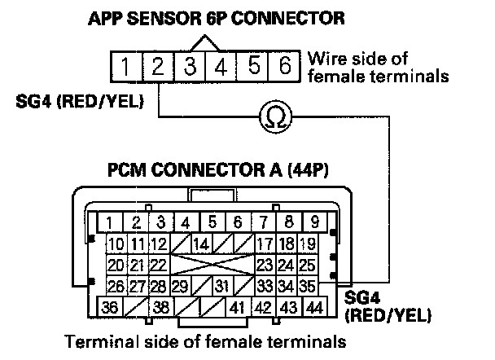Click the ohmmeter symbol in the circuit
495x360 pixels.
(x=276, y=116)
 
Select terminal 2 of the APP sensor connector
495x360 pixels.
(x=158, y=66)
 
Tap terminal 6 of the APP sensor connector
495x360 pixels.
(x=284, y=66)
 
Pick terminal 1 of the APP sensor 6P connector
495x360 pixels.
(x=126, y=66)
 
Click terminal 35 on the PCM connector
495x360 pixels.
(x=307, y=286)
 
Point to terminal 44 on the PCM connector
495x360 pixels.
(x=315, y=306)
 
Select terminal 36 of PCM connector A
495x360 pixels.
(x=110, y=306)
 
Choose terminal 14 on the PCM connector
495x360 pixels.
(x=202, y=244)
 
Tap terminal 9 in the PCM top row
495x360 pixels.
(x=315, y=222)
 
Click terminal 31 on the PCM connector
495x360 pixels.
(x=222, y=286)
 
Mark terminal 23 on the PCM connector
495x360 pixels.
(x=265, y=265)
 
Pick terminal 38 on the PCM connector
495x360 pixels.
(x=160, y=306)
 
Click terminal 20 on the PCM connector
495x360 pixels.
(x=116, y=265)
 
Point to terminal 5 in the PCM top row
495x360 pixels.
(x=212, y=222)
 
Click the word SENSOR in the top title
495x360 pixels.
(x=164, y=18)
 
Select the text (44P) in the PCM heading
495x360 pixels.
(x=308, y=170)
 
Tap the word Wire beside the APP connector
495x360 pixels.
(x=326, y=59)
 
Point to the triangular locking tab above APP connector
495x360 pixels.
(x=205, y=43)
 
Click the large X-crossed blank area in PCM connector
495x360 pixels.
(x=212, y=265)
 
